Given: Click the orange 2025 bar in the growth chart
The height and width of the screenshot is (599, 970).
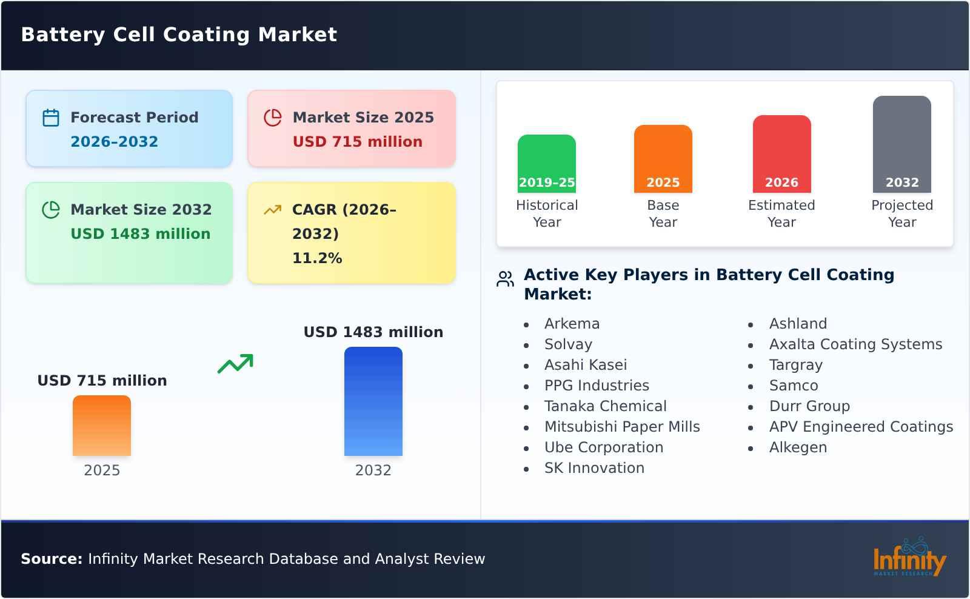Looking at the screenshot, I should point(102,426).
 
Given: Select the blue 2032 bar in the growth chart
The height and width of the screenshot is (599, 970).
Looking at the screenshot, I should point(373,401).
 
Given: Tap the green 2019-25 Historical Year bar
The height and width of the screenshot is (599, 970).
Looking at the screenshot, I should point(546,163).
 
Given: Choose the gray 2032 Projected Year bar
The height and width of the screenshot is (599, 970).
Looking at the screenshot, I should point(901,144).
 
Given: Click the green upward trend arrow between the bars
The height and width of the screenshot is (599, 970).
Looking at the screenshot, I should point(235,364).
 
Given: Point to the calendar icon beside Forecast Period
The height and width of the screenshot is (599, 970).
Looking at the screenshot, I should point(51,118).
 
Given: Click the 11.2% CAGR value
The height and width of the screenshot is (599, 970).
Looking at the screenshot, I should point(317,258).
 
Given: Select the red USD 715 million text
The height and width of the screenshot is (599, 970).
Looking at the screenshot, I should point(357,142).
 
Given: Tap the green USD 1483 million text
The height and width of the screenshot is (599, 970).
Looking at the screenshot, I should point(140,234).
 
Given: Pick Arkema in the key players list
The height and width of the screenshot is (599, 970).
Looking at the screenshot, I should point(572,324).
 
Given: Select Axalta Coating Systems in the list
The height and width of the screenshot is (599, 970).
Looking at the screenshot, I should point(855,344).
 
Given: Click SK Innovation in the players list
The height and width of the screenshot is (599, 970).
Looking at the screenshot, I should point(594,468).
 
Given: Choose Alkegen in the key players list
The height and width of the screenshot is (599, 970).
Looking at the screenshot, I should point(797,447).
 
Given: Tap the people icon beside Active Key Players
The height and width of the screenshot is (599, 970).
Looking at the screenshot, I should point(505,279).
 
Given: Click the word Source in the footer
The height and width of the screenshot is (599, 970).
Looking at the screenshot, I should point(51,559).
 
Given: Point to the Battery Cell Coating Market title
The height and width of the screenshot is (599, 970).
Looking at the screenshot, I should point(179,35).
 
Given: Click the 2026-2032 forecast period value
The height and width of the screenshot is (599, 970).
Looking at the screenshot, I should point(114,142).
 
